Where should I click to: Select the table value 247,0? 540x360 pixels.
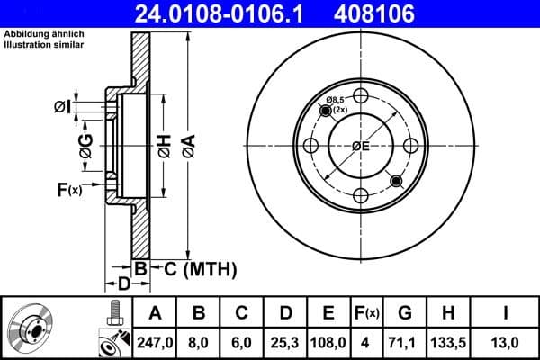point(155,341)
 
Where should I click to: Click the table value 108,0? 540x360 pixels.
point(328,341)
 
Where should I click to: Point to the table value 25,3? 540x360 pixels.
point(284,341)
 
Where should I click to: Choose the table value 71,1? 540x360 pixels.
point(405,341)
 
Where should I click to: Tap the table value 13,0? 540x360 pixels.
point(506,341)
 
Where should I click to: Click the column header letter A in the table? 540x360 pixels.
point(155,313)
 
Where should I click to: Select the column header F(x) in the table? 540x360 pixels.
point(366,313)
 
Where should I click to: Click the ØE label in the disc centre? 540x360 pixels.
point(360,147)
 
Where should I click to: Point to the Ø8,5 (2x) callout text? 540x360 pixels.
point(337,103)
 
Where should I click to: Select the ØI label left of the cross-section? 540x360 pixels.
point(59,106)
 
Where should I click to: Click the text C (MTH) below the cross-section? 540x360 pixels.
point(199,268)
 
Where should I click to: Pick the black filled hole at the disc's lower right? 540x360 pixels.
point(395,181)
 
